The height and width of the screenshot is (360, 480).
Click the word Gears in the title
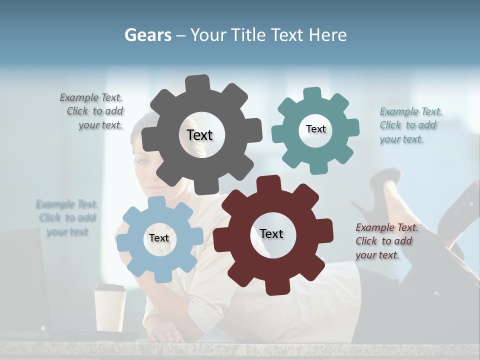click(147, 35)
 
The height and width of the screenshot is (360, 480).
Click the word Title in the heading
click(250, 35)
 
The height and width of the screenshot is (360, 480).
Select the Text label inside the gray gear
click(199, 135)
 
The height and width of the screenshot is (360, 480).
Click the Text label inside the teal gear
click(315, 129)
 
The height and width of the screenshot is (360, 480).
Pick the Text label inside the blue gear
click(159, 238)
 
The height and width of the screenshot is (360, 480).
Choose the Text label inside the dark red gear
click(271, 233)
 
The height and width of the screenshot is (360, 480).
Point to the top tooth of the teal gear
click(312, 94)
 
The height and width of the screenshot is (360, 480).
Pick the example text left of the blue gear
click(67, 218)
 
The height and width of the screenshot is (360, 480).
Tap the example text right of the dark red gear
click(385, 241)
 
